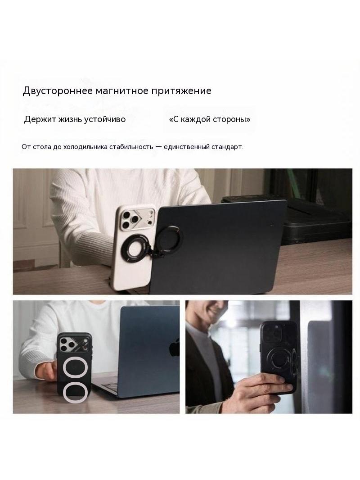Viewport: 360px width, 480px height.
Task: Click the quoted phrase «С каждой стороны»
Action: [210, 119]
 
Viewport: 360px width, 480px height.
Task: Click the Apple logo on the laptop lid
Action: [174, 347]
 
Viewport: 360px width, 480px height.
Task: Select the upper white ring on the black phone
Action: [76, 369]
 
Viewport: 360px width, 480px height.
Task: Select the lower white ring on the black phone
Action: [76, 393]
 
